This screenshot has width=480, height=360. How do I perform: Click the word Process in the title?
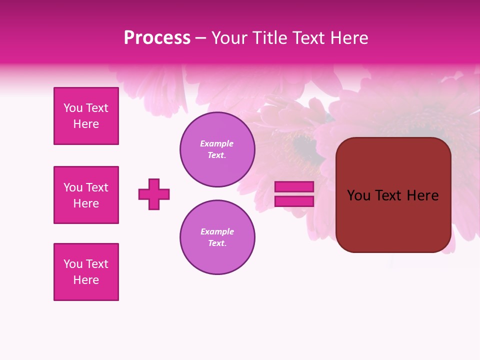[x=157, y=38]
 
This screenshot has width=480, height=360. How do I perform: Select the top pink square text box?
[x=86, y=116]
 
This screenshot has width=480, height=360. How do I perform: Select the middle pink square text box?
[x=86, y=195]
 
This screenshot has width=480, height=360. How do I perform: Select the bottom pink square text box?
[x=86, y=272]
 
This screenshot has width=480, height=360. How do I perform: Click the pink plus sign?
[x=154, y=194]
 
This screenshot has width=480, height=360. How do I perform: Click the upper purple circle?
[x=217, y=149]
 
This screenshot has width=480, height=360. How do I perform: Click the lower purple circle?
[x=217, y=237]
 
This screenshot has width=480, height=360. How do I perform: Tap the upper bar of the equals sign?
[x=294, y=187]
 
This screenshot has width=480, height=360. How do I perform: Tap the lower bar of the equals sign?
[x=294, y=201]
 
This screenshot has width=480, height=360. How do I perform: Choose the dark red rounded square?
[x=393, y=220]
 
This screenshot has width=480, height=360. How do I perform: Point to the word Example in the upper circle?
[x=217, y=143]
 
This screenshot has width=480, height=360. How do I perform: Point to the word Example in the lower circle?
[x=217, y=231]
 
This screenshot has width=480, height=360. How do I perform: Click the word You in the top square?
[x=73, y=108]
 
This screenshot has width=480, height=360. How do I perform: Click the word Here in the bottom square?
[x=86, y=280]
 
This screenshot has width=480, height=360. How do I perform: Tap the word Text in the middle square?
[x=97, y=187]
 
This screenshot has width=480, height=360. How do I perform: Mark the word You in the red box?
[x=359, y=195]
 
